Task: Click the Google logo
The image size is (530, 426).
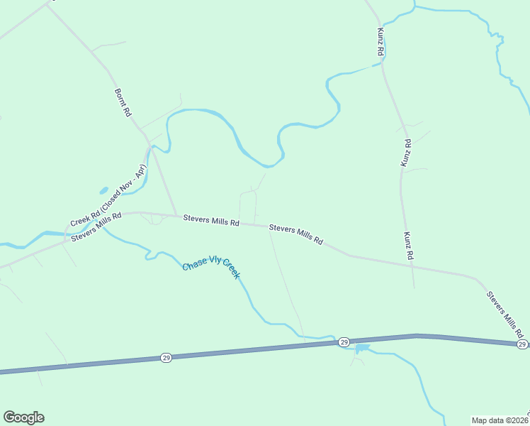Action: [23, 417]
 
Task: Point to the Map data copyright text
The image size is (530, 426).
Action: [500, 420]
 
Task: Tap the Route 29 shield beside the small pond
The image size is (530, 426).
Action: [343, 342]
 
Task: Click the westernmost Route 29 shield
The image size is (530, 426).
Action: [165, 356]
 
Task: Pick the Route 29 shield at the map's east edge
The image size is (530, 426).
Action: [521, 344]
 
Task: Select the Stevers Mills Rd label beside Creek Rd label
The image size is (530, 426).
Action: [96, 226]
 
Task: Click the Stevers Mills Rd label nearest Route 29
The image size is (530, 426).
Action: [504, 313]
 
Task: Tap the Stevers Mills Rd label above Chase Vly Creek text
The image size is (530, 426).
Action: [211, 221]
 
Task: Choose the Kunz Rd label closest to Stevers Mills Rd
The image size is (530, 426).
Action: [407, 245]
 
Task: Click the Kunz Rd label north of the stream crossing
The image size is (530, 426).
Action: [380, 43]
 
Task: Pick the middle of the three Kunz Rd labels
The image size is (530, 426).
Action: [406, 153]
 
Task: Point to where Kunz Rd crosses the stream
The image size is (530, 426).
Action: [383, 65]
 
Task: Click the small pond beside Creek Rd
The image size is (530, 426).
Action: [103, 190]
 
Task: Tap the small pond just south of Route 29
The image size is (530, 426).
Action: [362, 349]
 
